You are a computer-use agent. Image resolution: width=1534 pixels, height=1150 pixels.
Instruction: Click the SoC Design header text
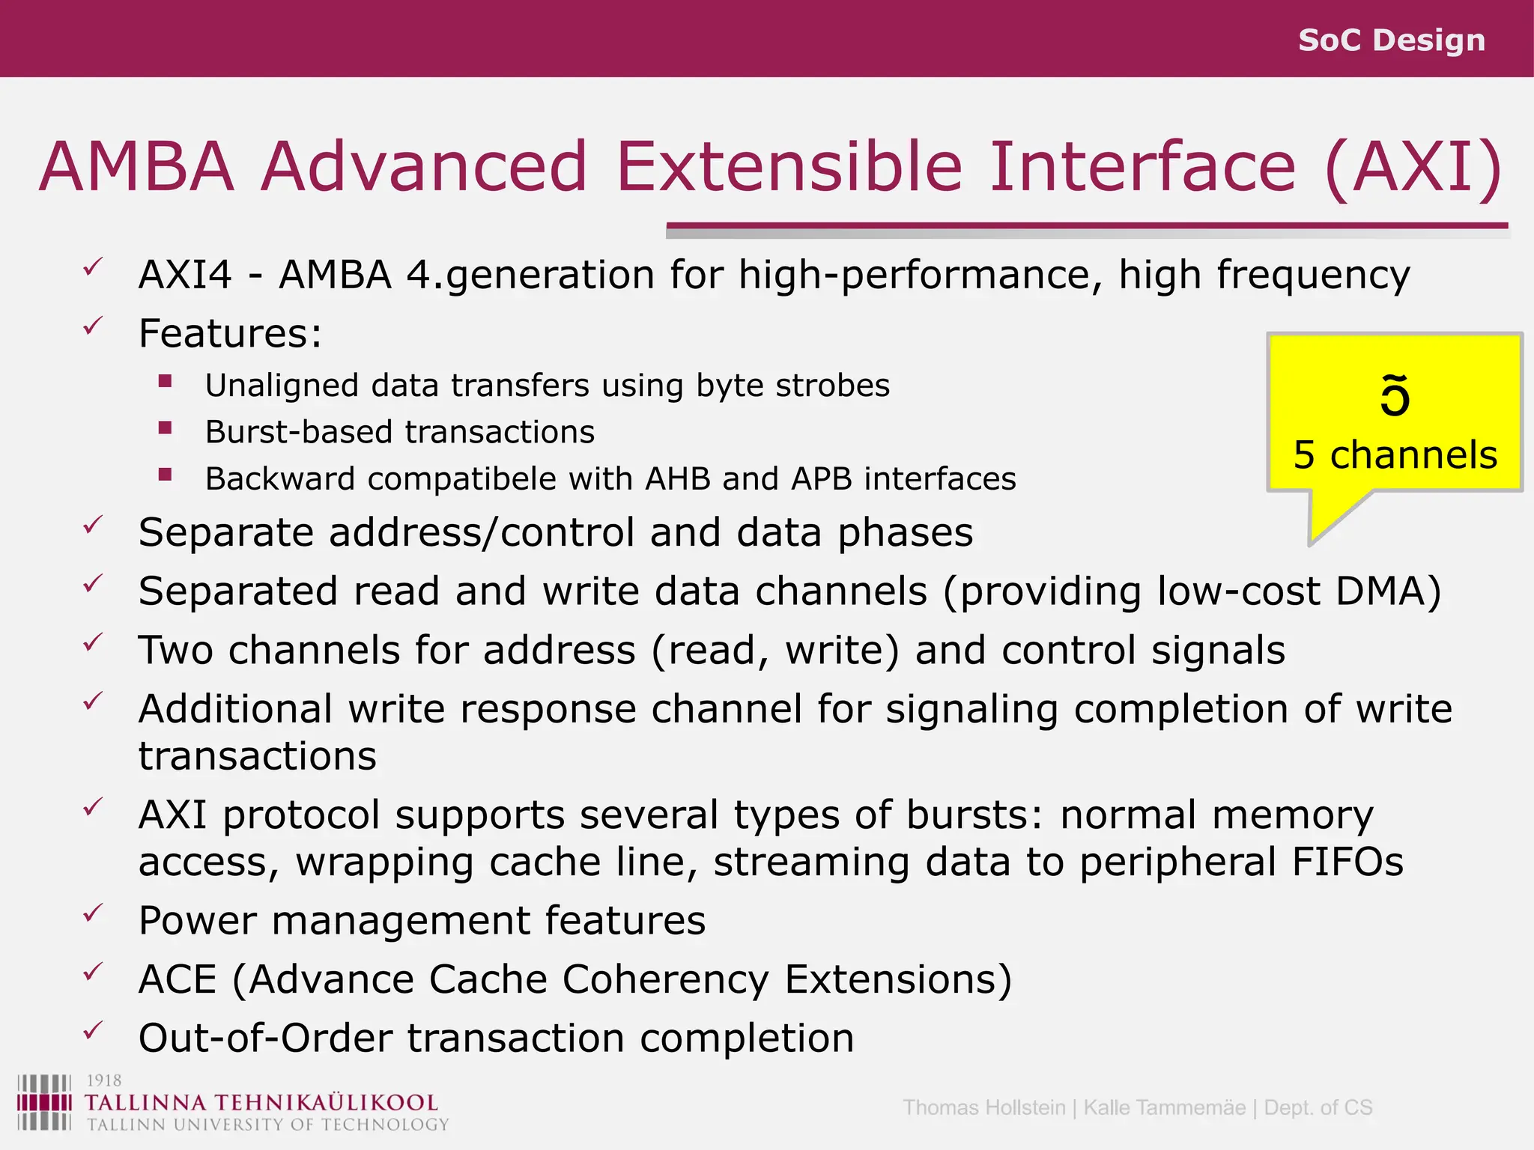1391,40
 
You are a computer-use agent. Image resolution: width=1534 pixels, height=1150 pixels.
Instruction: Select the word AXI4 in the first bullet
185,275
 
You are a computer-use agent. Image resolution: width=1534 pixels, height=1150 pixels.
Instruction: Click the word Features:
230,334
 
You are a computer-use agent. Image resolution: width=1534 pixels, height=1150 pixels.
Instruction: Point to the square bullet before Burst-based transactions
166,429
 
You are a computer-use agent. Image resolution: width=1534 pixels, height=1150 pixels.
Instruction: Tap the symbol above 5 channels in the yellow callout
1395,395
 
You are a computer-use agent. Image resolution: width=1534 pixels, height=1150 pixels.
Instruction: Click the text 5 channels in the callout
1395,455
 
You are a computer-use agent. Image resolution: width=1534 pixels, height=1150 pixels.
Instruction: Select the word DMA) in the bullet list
1388,591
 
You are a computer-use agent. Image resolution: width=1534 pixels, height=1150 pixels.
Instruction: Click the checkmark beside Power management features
93,913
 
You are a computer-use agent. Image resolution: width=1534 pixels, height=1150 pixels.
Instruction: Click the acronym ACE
178,979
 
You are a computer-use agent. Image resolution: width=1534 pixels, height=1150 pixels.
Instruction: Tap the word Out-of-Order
265,1038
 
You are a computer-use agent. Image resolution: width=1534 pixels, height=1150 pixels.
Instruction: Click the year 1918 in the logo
103,1080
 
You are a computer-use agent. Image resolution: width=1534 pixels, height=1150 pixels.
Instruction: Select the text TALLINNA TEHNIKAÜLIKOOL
261,1103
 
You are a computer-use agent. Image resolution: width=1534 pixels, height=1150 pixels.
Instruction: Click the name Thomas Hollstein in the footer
983,1107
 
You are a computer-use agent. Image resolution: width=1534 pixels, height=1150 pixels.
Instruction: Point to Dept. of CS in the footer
1318,1107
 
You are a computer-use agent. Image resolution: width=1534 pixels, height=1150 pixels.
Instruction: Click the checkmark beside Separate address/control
93,526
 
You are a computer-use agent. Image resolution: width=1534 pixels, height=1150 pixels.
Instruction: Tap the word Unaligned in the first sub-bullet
282,386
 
